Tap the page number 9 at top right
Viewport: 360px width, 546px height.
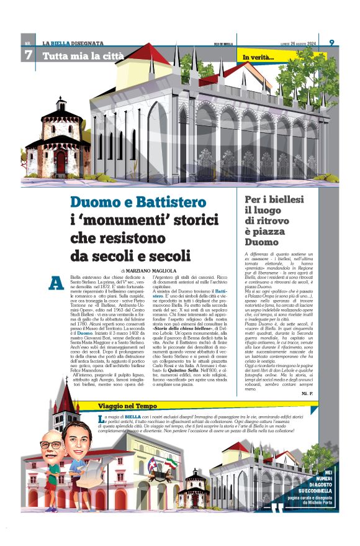click(x=331, y=42)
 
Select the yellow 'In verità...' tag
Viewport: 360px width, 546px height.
click(x=258, y=58)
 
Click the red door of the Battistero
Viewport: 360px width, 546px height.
click(x=60, y=163)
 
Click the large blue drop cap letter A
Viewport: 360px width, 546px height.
click(x=56, y=283)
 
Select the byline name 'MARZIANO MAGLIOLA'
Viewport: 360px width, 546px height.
click(x=160, y=271)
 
